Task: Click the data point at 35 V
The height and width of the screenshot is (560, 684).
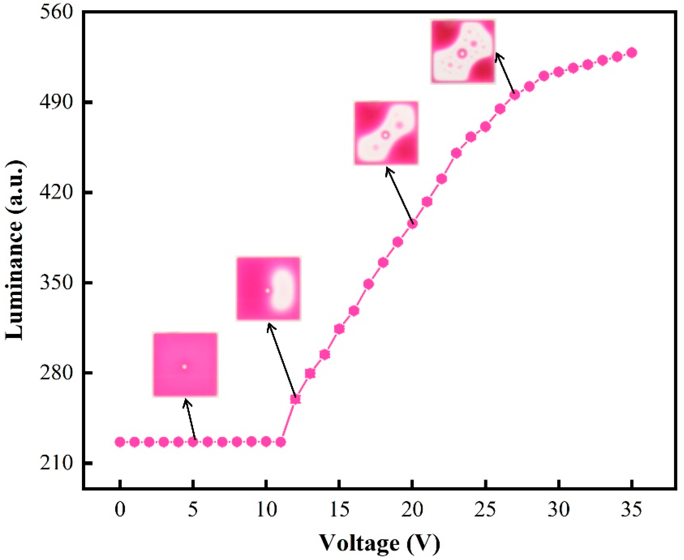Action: [x=632, y=53]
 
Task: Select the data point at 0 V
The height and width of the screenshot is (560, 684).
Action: [x=120, y=442]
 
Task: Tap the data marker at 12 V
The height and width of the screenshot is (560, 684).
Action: [x=295, y=399]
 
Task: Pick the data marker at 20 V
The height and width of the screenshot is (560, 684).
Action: [x=412, y=224]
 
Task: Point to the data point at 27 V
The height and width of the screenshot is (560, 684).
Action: [x=515, y=95]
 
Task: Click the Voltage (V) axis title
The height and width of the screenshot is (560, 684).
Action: [x=380, y=543]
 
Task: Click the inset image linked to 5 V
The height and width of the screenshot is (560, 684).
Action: [x=185, y=364]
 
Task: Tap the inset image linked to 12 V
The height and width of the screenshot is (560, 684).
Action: [x=269, y=289]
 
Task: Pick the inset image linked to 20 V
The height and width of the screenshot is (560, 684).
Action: [x=386, y=133]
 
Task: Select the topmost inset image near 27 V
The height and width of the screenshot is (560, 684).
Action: [x=463, y=52]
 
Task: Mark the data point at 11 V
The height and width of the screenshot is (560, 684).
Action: [x=281, y=442]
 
